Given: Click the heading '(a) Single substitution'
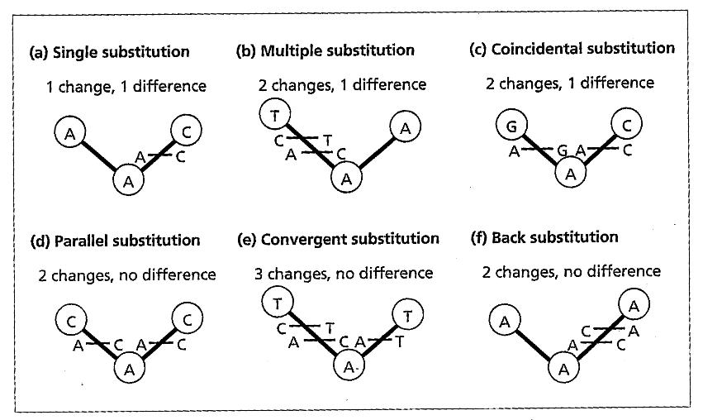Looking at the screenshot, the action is [109, 52].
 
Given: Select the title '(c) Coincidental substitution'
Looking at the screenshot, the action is [572, 49].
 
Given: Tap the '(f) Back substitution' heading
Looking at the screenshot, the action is [544, 237].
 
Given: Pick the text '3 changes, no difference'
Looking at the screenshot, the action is [344, 274].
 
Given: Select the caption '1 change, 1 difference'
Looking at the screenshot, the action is [126, 86].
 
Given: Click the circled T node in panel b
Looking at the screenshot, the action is [275, 114].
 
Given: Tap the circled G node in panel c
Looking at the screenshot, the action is [511, 126].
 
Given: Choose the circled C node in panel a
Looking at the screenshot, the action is [187, 131].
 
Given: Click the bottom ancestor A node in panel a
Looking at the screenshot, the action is [129, 181].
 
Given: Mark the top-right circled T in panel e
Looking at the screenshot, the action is [407, 316].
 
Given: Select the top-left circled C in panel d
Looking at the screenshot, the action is [71, 321].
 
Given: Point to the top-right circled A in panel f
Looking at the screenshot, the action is [634, 306].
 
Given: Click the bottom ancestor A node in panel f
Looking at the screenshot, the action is [563, 369].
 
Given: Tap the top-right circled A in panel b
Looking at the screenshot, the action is [406, 127].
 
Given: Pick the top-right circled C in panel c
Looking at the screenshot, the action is [626, 124].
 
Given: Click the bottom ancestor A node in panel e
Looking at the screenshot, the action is [349, 366].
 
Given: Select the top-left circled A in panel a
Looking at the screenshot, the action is [70, 133].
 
